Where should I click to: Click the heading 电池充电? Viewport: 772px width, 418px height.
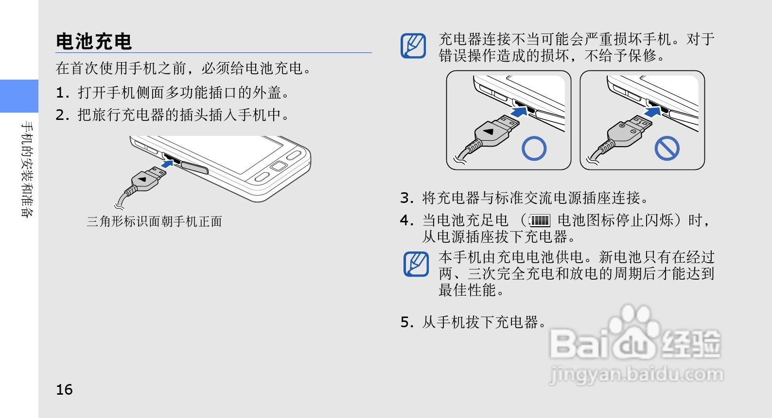tap(94, 42)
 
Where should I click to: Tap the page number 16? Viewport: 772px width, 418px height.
tap(64, 389)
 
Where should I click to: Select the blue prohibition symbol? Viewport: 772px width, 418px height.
tap(667, 148)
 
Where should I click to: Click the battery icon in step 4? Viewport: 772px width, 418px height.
tap(540, 220)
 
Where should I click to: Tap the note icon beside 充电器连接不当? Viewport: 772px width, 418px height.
tap(413, 46)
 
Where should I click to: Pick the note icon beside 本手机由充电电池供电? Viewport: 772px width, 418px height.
tap(416, 264)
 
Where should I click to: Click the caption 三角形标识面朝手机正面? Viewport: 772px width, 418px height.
tap(155, 221)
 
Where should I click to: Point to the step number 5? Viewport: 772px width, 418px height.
tap(405, 322)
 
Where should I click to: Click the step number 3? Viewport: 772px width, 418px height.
tap(405, 198)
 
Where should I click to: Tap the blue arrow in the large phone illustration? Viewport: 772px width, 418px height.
tap(168, 163)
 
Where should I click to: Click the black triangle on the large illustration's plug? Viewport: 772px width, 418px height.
tap(142, 179)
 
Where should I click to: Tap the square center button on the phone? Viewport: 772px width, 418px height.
tap(279, 166)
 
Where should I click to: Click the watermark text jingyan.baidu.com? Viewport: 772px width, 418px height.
tap(636, 374)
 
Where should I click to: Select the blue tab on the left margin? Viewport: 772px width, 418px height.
tap(19, 96)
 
